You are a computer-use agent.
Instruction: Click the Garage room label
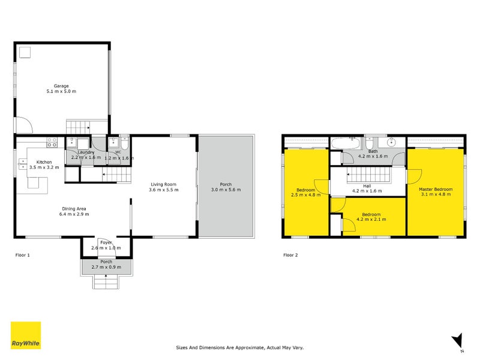point(61,86)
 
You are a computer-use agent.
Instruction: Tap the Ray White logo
point(26,335)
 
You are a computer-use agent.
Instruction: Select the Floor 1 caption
point(23,255)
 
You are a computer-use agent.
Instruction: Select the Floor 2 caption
point(290,255)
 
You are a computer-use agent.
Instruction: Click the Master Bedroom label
point(436,189)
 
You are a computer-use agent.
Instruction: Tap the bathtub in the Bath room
point(347,143)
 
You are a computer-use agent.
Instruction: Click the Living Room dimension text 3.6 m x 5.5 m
point(163,190)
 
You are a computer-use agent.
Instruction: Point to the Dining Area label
point(74,209)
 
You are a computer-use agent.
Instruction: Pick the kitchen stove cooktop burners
point(52,142)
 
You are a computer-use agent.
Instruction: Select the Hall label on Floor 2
point(367,186)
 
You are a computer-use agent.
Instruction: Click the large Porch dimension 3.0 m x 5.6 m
point(226,190)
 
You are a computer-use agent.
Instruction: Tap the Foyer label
point(106,242)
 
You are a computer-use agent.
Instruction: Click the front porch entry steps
point(106,281)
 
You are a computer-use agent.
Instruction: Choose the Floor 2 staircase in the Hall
point(369,175)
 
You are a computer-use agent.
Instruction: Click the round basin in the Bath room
point(391,142)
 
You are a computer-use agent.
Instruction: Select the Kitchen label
point(44,162)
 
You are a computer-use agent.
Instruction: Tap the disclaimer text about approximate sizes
point(239,348)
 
